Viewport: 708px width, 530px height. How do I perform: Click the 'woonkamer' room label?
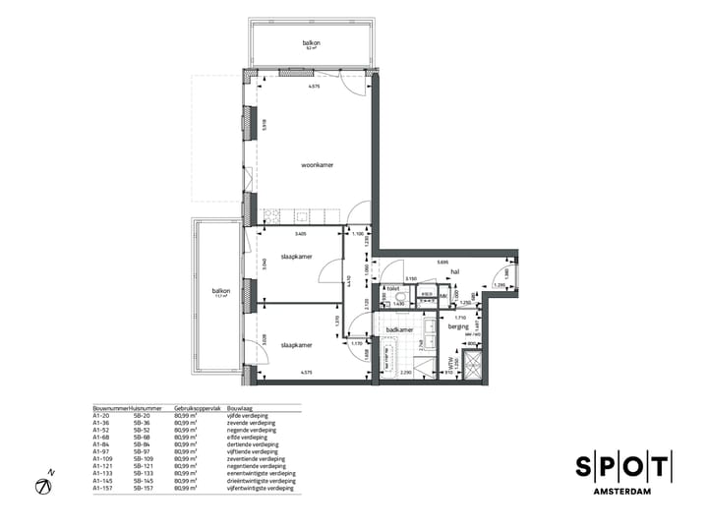point(317,165)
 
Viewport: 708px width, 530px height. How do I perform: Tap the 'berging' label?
point(458,325)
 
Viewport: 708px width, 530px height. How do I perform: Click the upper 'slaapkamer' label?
point(296,256)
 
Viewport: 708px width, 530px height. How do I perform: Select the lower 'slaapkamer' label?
point(296,345)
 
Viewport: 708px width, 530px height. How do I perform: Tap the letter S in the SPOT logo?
point(584,466)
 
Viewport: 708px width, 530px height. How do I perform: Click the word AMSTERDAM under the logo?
point(624,491)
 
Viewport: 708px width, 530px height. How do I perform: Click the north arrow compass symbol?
point(44,484)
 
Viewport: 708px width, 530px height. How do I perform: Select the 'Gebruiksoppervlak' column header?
point(194,406)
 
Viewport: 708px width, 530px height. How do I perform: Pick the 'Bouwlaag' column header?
point(240,406)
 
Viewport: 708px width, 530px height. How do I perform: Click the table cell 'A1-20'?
point(101,415)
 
